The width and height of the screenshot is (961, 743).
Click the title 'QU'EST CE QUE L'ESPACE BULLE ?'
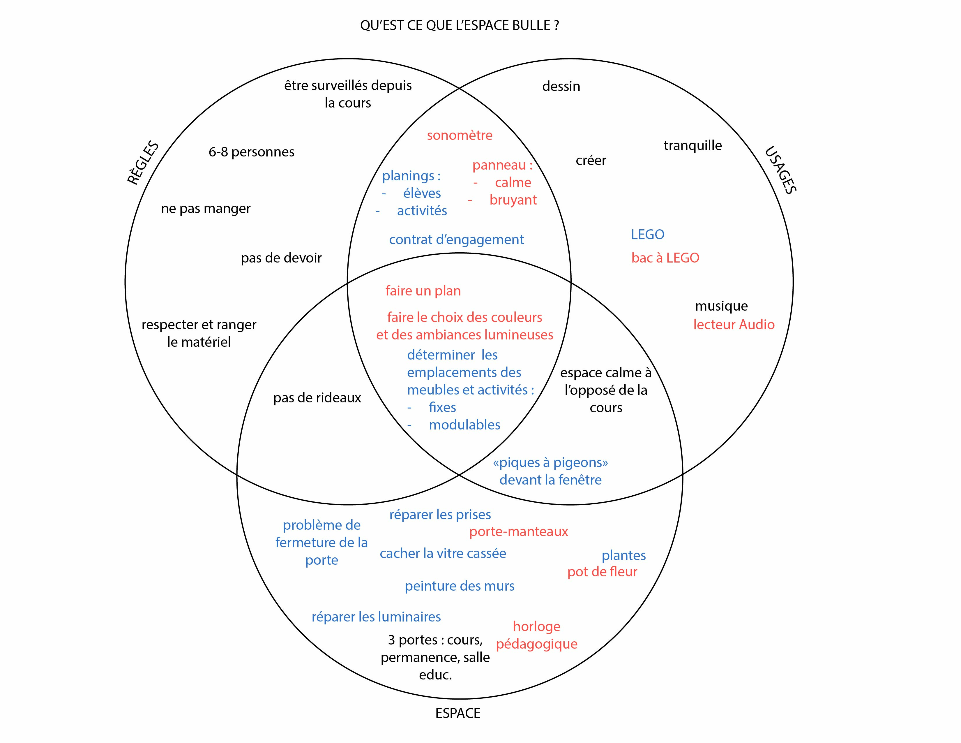click(x=459, y=26)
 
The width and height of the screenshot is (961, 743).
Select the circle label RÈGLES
click(x=143, y=163)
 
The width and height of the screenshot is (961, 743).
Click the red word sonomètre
click(x=459, y=135)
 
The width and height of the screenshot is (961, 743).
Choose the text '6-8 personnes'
click(x=251, y=152)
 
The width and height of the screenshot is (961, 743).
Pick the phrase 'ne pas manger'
click(x=206, y=208)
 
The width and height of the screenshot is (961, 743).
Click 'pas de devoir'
click(x=281, y=258)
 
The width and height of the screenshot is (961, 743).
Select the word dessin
click(x=561, y=86)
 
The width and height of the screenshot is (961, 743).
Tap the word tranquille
click(x=693, y=145)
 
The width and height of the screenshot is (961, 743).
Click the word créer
click(x=591, y=160)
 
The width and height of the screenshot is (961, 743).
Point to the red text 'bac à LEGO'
click(x=665, y=258)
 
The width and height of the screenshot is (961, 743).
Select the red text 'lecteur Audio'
click(x=734, y=324)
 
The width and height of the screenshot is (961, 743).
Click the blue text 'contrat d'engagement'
click(x=456, y=240)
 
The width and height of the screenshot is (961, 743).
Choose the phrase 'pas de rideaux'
click(x=317, y=398)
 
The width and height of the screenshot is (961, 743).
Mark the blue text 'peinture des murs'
click(x=459, y=586)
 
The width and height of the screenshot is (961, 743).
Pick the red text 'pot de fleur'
click(x=602, y=572)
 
